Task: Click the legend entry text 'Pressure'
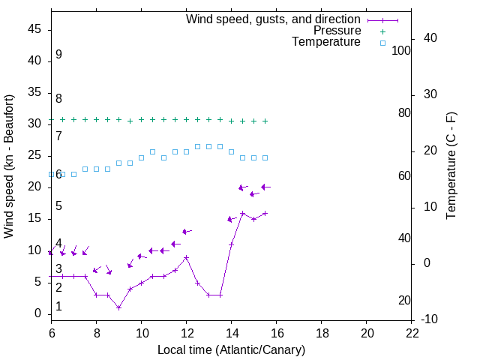point(337,31)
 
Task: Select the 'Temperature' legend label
point(326,42)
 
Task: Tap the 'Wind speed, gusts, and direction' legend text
point(273,19)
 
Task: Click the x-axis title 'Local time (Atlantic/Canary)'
point(231,349)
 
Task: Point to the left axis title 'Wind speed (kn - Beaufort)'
point(9,166)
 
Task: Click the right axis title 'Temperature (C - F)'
point(451,166)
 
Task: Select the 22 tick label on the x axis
point(412,333)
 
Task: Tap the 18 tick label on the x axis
point(322,333)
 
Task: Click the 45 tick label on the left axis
point(35,29)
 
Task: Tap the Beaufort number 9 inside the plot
point(58,55)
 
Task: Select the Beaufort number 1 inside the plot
point(58,307)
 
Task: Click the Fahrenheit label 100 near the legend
point(402,50)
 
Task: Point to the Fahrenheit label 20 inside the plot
point(404,301)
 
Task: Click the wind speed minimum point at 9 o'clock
point(118,307)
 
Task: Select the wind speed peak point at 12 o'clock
point(186,257)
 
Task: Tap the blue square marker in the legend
point(382,43)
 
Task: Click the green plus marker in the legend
point(382,31)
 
